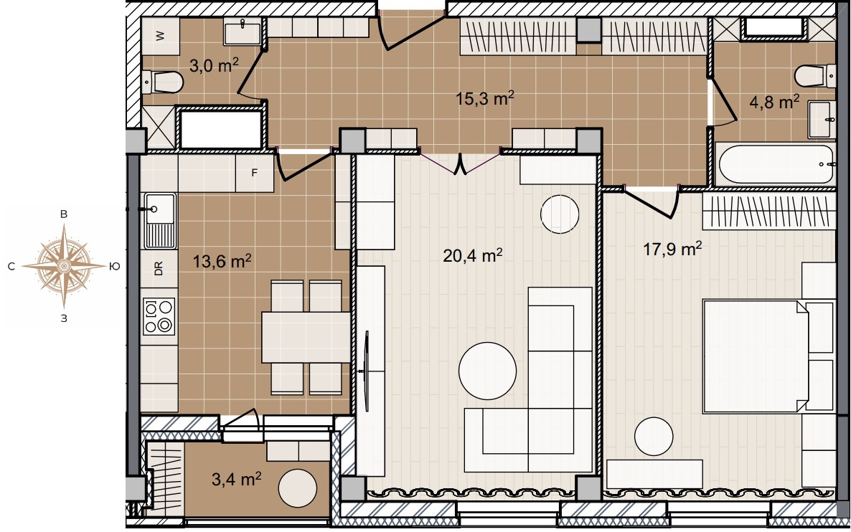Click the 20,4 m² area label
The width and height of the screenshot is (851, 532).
click(472, 255)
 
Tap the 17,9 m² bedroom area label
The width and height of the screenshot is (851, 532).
click(672, 249)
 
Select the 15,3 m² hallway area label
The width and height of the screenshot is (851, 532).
click(484, 99)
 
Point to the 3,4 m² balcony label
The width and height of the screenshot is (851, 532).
click(237, 479)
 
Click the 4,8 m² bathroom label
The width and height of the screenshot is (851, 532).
click(774, 101)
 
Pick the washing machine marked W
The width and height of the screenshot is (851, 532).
click(160, 36)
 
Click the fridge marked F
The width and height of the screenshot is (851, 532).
click(255, 174)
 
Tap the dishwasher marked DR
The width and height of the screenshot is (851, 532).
click(159, 268)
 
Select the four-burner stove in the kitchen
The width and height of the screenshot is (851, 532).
click(159, 316)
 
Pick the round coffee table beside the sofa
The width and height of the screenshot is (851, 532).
click(487, 371)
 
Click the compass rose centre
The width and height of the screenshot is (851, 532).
click(63, 266)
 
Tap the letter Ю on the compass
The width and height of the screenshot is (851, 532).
click(115, 266)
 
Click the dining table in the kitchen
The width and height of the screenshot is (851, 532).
click(306, 337)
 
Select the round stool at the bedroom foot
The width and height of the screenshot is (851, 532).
click(654, 437)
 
